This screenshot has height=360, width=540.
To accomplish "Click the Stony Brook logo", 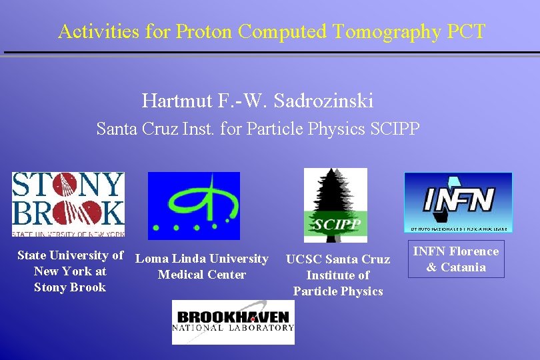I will coord(69,204).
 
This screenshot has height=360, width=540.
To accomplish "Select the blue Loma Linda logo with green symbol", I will coord(193,205).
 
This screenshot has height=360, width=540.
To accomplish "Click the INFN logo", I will coord(458,202).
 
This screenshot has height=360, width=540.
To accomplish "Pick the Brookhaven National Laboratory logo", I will coord(233,322).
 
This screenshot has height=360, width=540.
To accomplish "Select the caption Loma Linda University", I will coord(202,259).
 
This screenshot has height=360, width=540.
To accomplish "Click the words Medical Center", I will coord(202,275).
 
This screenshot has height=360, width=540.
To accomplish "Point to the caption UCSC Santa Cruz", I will coord(338,259).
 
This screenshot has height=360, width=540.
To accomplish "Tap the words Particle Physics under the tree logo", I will coord(338,291).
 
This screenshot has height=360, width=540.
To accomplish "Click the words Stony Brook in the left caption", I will coord(70,287).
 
